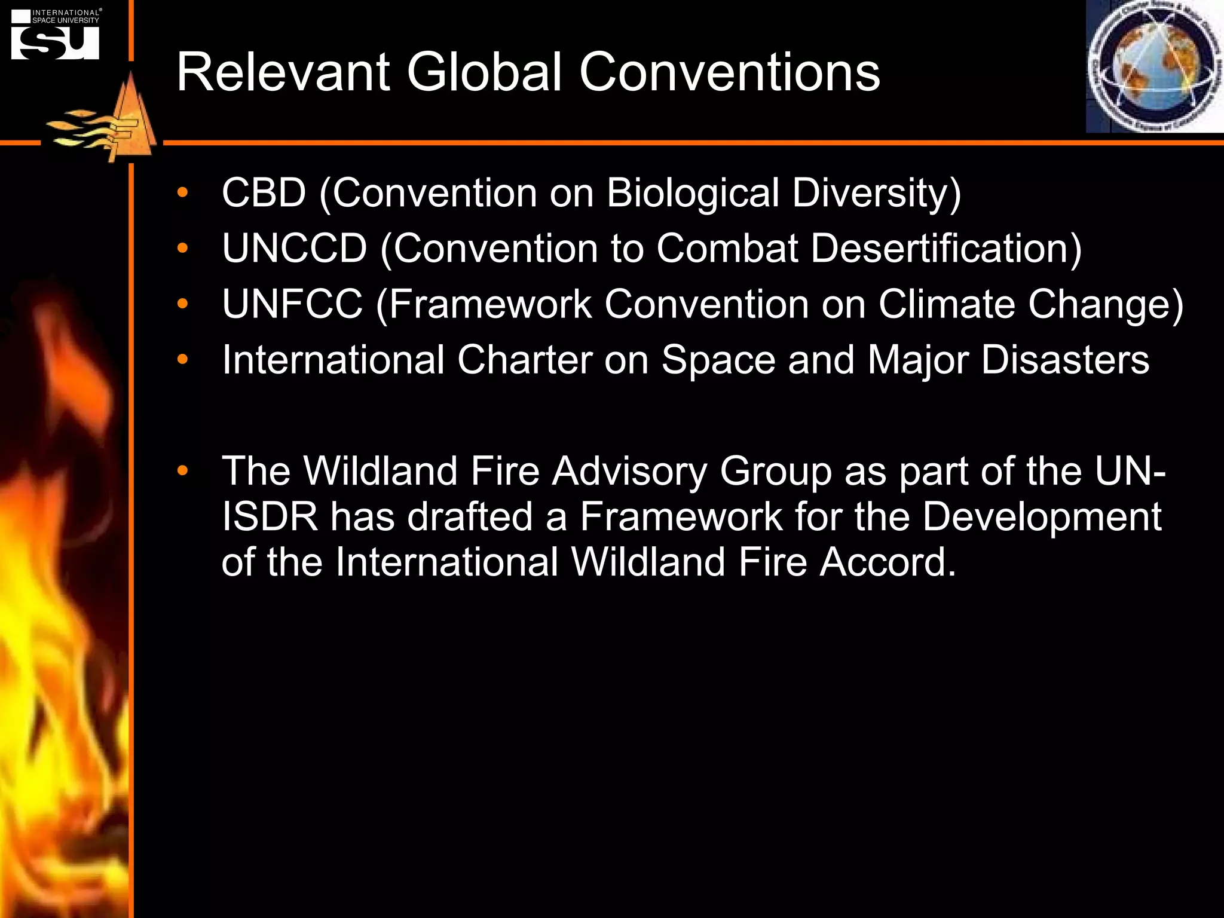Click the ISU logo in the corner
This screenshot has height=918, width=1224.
coord(56,35)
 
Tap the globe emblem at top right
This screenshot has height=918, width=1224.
coord(1154,66)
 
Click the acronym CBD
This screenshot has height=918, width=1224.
coord(264,193)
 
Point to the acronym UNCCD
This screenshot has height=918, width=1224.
coord(294,249)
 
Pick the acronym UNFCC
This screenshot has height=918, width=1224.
coord(292,304)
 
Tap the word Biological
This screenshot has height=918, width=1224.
coord(693,194)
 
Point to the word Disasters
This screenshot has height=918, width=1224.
coord(1065,360)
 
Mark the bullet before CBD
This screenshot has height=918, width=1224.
coord(182,193)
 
